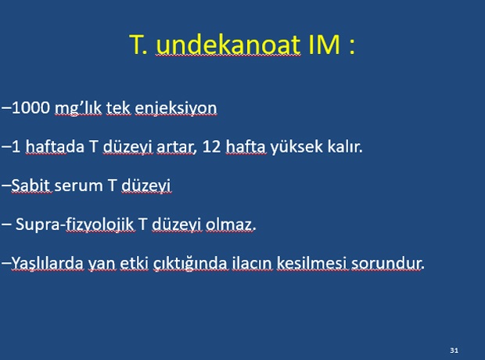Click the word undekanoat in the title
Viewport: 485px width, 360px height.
tap(228, 45)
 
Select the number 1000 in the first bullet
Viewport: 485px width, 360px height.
tap(31, 108)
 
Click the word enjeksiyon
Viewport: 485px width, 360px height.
tap(176, 109)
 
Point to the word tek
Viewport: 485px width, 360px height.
tap(119, 108)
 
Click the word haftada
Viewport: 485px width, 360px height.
tap(55, 146)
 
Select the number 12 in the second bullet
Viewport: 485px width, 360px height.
tap(211, 146)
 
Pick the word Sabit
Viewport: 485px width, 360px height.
tap(31, 185)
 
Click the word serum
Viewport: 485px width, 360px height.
tap(78, 185)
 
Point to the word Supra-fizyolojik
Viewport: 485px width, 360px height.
tap(75, 225)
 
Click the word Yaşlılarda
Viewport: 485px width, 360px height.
tap(47, 264)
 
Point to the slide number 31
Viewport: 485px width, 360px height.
tap(454, 351)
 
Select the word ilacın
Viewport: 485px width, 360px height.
tap(252, 263)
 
